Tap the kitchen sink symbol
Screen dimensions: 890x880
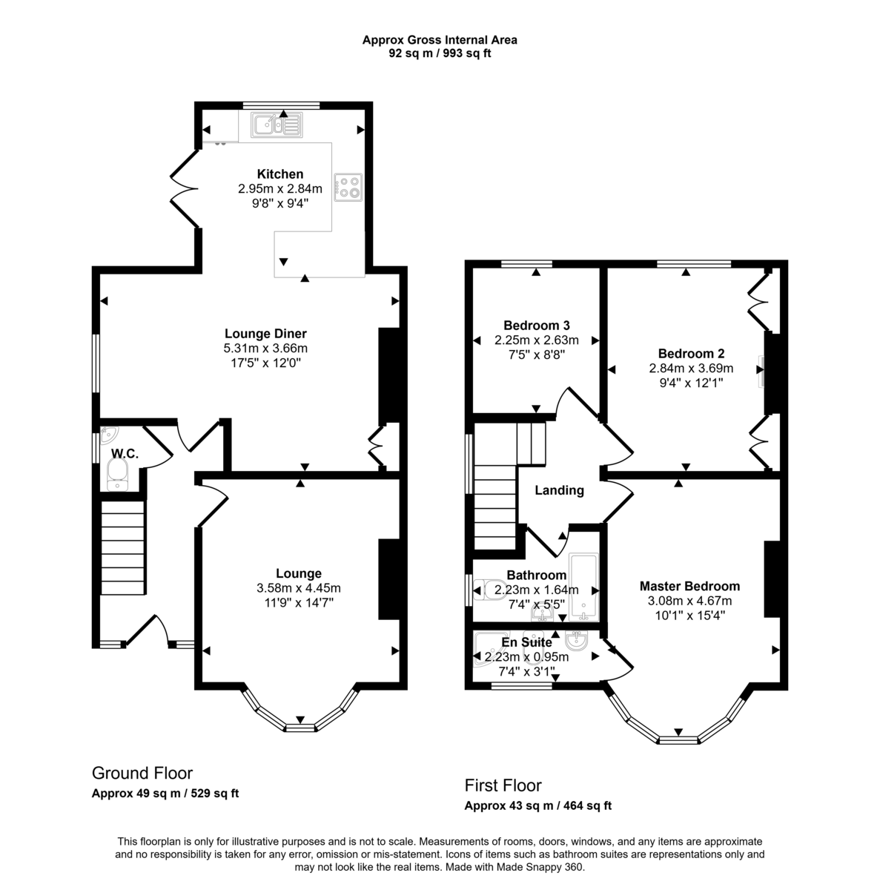(x=275, y=124)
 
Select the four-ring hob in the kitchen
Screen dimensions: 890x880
(x=348, y=187)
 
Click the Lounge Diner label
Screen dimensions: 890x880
(x=265, y=334)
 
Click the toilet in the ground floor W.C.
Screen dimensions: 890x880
(x=118, y=474)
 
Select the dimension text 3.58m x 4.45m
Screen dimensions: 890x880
(x=298, y=588)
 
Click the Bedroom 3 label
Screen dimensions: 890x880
(x=536, y=326)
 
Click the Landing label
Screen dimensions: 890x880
(x=559, y=490)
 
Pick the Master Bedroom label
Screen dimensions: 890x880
(x=689, y=586)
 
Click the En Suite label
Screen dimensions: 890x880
(x=526, y=642)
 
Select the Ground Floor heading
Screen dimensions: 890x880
(x=142, y=774)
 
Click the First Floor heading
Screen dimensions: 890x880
(x=503, y=785)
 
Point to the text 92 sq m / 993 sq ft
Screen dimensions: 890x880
(x=440, y=53)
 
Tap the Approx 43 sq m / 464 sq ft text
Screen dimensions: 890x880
(x=537, y=806)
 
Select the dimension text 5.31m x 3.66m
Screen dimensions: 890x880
(x=265, y=348)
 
